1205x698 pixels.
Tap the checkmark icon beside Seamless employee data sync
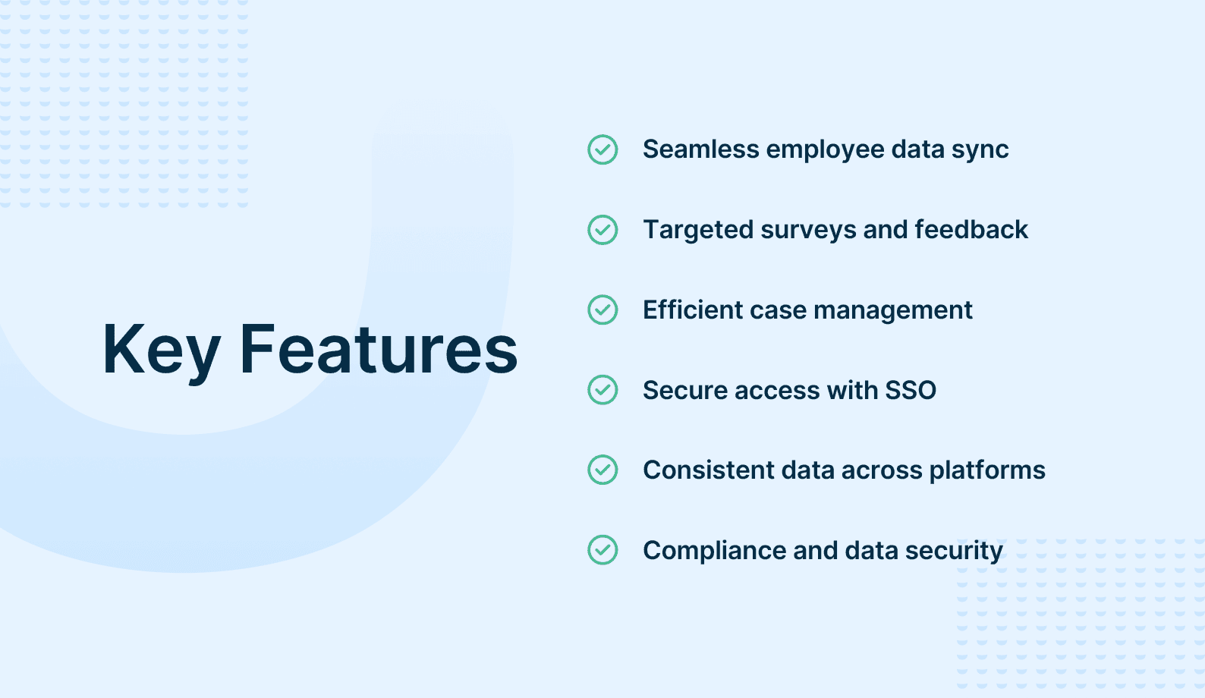[602, 149]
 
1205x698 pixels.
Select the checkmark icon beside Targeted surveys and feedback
[602, 230]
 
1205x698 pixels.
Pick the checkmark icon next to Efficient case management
[602, 310]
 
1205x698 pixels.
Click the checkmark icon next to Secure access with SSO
[602, 390]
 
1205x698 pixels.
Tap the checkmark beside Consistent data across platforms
[602, 470]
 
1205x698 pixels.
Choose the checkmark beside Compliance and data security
[602, 550]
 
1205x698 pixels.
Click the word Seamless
[701, 149]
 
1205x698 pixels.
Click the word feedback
[971, 230]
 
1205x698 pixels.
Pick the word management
[893, 311]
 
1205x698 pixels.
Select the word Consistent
[709, 470]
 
